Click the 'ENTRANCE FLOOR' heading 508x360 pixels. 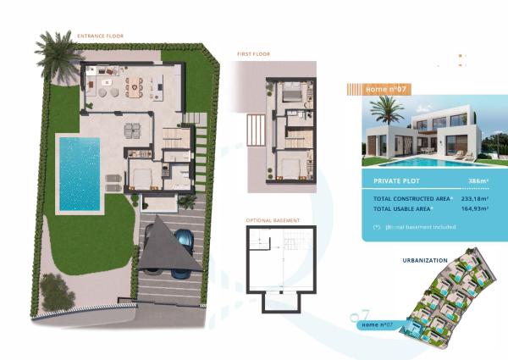click(102, 36)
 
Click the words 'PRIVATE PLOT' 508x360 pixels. click(394, 181)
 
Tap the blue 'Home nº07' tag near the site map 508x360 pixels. click(375, 324)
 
